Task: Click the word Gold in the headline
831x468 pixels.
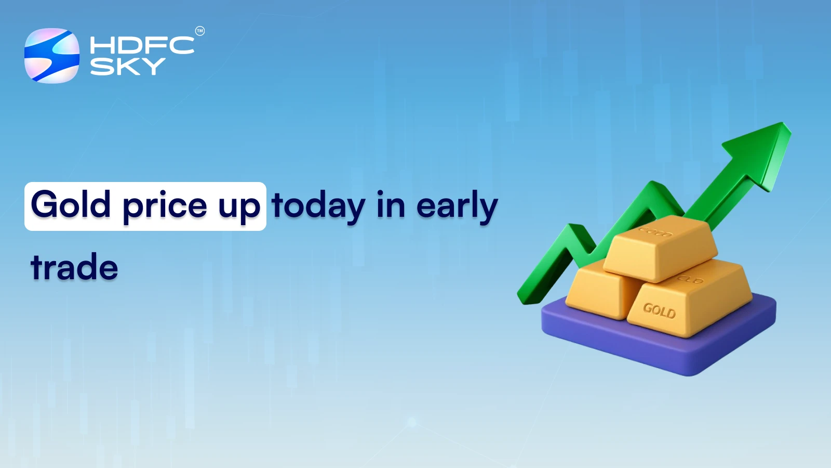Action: (x=71, y=205)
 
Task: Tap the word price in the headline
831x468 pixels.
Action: (x=165, y=206)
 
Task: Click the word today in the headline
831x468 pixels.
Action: (x=318, y=206)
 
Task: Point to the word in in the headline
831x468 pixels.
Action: (x=391, y=205)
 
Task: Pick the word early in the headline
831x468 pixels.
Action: (x=457, y=206)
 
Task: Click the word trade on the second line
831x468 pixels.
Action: (x=74, y=267)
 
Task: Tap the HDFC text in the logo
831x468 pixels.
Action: (x=142, y=45)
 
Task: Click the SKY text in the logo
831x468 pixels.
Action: (x=127, y=67)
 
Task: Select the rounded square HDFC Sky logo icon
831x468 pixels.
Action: (x=52, y=56)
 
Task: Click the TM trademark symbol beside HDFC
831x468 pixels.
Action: (x=200, y=31)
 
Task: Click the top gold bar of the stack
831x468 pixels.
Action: (x=660, y=247)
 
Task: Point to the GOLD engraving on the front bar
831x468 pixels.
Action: (x=659, y=310)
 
